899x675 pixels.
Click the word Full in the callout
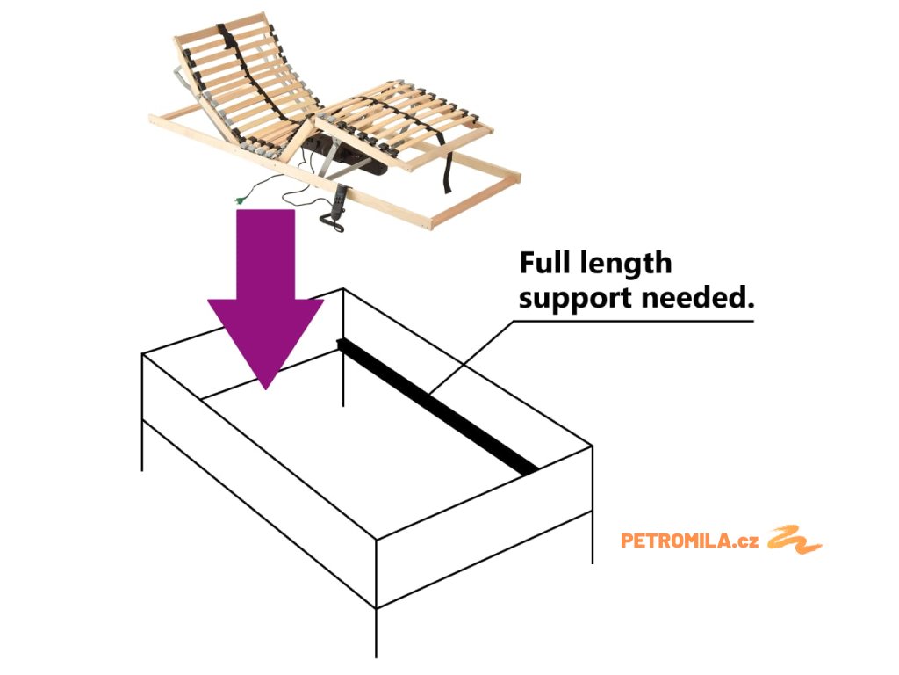pos(544,263)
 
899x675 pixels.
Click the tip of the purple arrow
pos(266,385)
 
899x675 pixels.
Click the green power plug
pos(239,201)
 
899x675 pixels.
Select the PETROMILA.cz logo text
pos(690,541)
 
